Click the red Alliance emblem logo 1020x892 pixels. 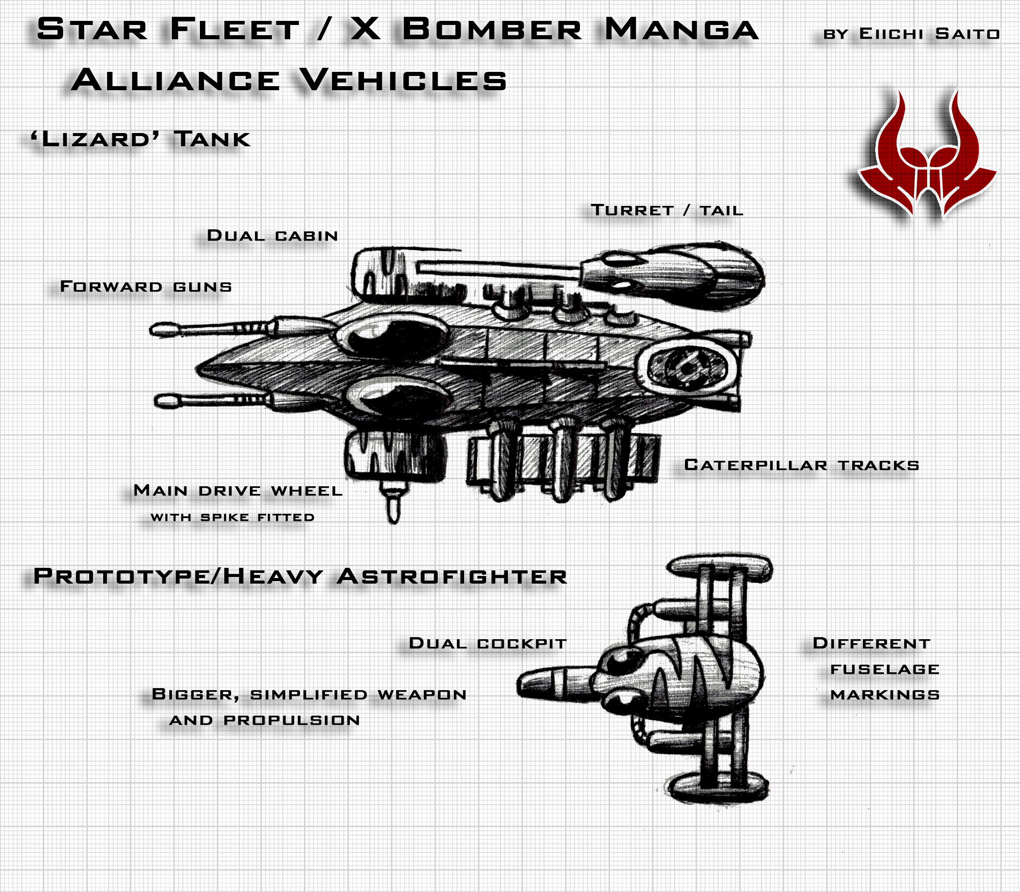click(927, 155)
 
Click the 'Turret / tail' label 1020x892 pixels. click(667, 210)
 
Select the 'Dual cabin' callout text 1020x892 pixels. click(272, 235)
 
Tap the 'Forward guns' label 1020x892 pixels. click(146, 286)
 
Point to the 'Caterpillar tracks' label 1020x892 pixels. click(802, 465)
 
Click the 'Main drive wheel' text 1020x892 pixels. click(238, 490)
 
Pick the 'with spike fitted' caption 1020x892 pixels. click(233, 517)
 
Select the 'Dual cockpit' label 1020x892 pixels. click(488, 643)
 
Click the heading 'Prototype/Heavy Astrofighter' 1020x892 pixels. click(300, 576)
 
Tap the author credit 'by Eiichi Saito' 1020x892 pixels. click(911, 34)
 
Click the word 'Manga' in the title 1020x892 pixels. click(681, 29)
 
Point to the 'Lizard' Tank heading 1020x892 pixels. click(141, 139)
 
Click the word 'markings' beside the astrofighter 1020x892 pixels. click(885, 695)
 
